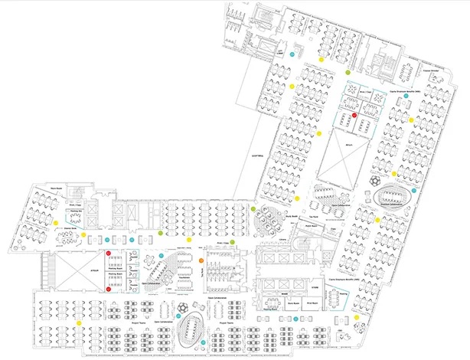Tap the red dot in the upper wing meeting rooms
(354, 115)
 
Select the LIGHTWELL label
(257, 156)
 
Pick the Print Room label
(312, 304)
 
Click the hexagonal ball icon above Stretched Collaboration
(375, 179)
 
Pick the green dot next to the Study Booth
(254, 208)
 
